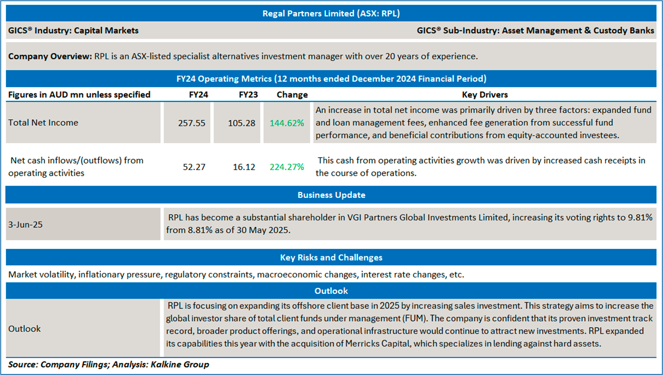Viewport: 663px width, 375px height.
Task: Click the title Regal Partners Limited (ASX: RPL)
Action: point(331,13)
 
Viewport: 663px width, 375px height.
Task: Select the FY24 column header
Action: point(198,94)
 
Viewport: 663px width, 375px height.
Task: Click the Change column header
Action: point(292,94)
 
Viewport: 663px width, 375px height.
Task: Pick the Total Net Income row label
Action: point(43,123)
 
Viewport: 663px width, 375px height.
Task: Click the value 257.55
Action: point(192,123)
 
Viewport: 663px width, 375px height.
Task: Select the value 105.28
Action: point(242,123)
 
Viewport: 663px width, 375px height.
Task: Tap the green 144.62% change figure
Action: point(287,123)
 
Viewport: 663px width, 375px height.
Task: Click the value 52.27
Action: point(194,167)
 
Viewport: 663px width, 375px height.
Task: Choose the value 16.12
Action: point(244,167)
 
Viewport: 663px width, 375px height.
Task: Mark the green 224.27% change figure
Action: point(287,167)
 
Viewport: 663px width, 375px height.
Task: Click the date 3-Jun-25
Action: point(25,225)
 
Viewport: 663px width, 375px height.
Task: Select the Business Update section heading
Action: point(331,195)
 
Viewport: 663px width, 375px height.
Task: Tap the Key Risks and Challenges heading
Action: point(331,257)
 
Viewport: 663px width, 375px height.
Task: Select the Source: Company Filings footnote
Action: point(109,364)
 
